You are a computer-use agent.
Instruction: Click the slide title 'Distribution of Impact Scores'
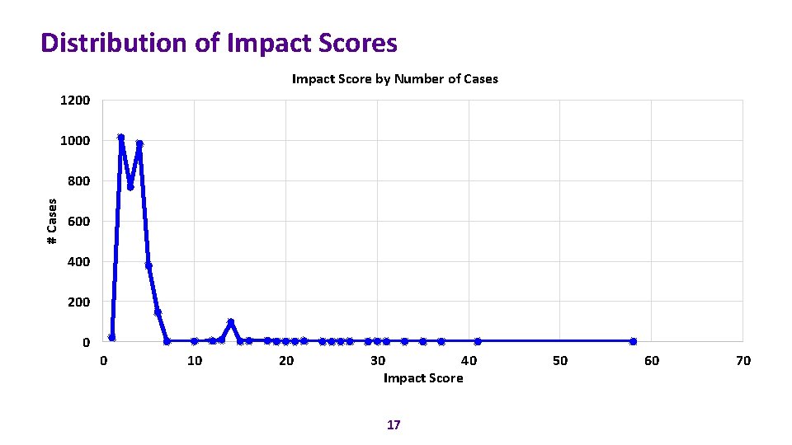(219, 43)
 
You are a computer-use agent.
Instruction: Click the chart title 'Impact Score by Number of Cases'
(394, 79)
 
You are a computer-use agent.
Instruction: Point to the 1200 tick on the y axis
(75, 101)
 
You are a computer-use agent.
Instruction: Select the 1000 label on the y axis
(75, 141)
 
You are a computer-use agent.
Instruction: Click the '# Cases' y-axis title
(51, 221)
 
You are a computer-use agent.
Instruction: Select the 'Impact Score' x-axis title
(423, 378)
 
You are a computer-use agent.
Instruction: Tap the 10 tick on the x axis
(194, 361)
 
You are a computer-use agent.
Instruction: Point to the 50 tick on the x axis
(560, 361)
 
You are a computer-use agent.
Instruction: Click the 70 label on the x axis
(742, 361)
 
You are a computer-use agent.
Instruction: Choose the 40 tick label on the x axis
(469, 361)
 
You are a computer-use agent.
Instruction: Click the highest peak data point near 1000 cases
(121, 138)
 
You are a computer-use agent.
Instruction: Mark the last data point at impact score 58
(633, 341)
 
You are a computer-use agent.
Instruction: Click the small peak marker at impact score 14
(231, 321)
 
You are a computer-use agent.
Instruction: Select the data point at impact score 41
(478, 341)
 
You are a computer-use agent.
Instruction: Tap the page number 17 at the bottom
(394, 424)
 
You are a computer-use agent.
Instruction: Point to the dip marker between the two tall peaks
(130, 187)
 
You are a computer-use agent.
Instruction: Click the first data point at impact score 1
(112, 338)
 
